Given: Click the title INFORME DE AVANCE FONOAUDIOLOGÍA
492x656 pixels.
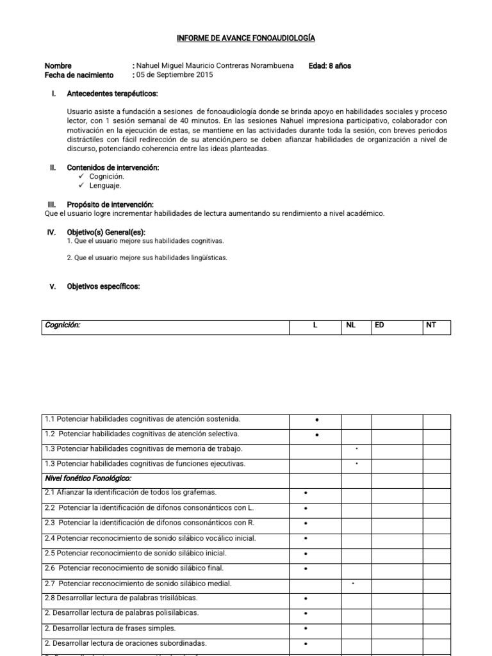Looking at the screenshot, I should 246,39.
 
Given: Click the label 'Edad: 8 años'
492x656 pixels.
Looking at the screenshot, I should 329,65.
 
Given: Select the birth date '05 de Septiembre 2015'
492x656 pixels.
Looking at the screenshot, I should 174,74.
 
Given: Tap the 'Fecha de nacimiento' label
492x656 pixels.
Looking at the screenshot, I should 79,74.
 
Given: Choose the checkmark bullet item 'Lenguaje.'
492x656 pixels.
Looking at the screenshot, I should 101,185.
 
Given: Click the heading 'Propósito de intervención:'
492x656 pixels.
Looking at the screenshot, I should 110,204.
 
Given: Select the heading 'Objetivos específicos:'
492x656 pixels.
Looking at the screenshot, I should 103,286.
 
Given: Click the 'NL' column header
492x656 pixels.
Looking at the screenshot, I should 350,325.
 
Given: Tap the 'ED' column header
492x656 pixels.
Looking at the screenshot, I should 380,325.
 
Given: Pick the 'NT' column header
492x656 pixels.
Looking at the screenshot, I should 430,325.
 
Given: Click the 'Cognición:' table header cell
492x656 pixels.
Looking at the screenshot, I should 63,325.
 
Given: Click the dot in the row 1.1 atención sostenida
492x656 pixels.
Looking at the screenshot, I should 317,420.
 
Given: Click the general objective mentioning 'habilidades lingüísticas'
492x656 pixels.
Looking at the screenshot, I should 147,258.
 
